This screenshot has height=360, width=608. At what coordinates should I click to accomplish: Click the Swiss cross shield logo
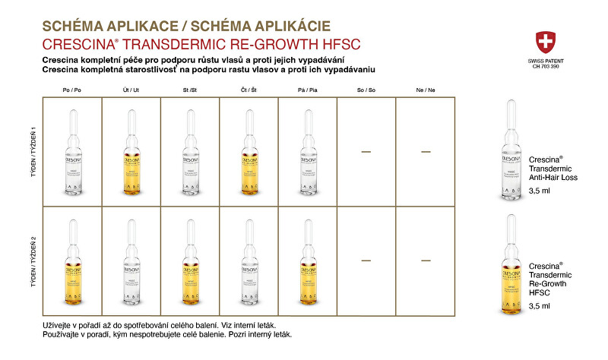(x=545, y=42)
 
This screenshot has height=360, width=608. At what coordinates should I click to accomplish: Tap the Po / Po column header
(x=72, y=90)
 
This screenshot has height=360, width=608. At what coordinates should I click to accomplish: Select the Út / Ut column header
(x=131, y=90)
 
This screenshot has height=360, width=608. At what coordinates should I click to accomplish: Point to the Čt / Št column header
(x=249, y=90)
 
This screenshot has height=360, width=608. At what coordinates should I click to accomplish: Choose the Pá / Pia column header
(x=308, y=90)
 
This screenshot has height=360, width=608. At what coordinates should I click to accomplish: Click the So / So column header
(x=366, y=90)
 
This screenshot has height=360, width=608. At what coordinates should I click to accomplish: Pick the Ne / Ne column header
(x=426, y=90)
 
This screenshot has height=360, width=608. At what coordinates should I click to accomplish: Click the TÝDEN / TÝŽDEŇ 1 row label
(x=33, y=152)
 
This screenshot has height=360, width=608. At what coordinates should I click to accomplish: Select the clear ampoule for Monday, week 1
(x=72, y=153)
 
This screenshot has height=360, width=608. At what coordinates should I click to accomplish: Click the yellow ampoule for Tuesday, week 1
(x=131, y=153)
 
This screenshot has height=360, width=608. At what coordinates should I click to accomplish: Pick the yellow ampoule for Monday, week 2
(x=72, y=261)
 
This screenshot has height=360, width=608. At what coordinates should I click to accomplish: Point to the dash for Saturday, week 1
(x=366, y=152)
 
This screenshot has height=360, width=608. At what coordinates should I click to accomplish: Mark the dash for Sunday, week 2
(x=426, y=261)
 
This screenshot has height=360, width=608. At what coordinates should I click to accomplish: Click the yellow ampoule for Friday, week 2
(x=308, y=261)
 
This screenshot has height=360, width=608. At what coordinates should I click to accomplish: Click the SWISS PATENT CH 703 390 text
(x=545, y=65)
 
